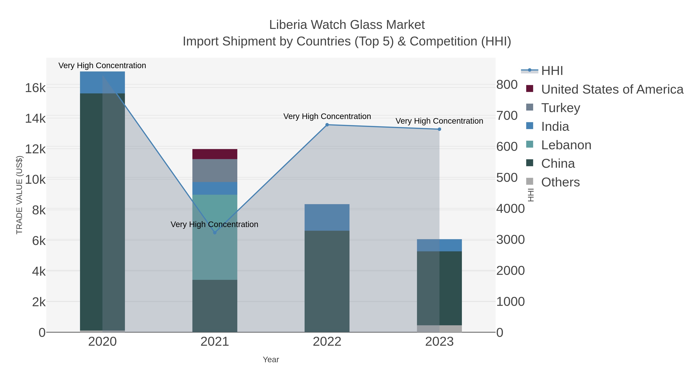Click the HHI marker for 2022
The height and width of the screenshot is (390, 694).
[x=327, y=125]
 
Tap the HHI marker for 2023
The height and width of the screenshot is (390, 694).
[x=439, y=129]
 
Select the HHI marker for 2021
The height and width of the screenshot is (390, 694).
[x=215, y=232]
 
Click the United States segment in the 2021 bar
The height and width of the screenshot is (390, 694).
[x=215, y=154]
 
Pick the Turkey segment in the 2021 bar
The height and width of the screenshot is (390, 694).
[x=215, y=170]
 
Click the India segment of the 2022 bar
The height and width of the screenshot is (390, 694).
[x=327, y=217]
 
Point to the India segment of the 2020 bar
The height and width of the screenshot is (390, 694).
[x=102, y=82]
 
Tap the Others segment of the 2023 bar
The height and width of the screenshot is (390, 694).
[x=439, y=329]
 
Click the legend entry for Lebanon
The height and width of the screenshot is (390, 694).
[x=566, y=145]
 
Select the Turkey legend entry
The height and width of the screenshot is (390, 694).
[x=560, y=108]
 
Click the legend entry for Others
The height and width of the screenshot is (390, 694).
[x=560, y=182]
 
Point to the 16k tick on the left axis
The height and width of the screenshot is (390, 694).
[x=35, y=88]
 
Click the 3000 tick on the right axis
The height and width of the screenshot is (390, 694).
[x=510, y=240]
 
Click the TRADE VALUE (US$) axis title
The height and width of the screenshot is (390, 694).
[x=19, y=195]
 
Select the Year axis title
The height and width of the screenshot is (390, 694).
[x=271, y=360]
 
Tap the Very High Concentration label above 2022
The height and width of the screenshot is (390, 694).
[x=327, y=116]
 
